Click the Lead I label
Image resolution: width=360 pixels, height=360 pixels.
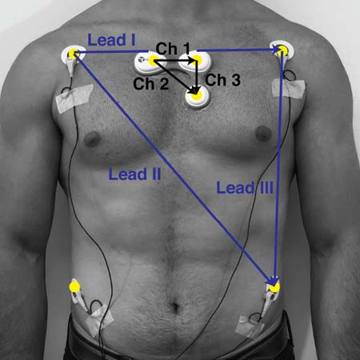tap(111, 40)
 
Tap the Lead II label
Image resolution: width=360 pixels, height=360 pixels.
tap(134, 174)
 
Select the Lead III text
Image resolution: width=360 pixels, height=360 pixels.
tap(245, 188)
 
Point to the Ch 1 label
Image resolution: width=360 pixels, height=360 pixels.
tap(173, 49)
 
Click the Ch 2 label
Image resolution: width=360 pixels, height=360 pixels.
tap(150, 83)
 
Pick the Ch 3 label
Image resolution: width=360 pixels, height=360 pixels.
tap(222, 80)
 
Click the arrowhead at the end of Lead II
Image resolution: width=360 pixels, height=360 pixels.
tap(273, 281)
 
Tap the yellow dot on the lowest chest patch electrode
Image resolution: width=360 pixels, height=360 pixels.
tap(197, 94)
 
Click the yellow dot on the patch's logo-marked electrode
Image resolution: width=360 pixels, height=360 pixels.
tap(153, 61)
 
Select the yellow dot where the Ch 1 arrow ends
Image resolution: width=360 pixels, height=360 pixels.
tap(197, 60)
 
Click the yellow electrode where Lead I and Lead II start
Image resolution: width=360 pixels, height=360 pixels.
tap(74, 54)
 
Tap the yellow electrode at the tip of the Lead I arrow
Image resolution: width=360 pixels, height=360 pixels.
tap(282, 50)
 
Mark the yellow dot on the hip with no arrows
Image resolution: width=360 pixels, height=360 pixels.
tap(74, 287)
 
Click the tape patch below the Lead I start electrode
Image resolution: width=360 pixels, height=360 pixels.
tap(74, 98)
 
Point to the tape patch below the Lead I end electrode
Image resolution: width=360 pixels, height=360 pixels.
tap(288, 88)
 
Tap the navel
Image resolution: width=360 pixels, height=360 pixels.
tap(174, 307)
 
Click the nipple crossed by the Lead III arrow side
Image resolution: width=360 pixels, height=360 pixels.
tap(263, 133)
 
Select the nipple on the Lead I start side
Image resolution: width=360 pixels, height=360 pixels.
tap(92, 139)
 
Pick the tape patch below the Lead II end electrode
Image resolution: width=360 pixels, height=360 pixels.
tap(250, 327)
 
